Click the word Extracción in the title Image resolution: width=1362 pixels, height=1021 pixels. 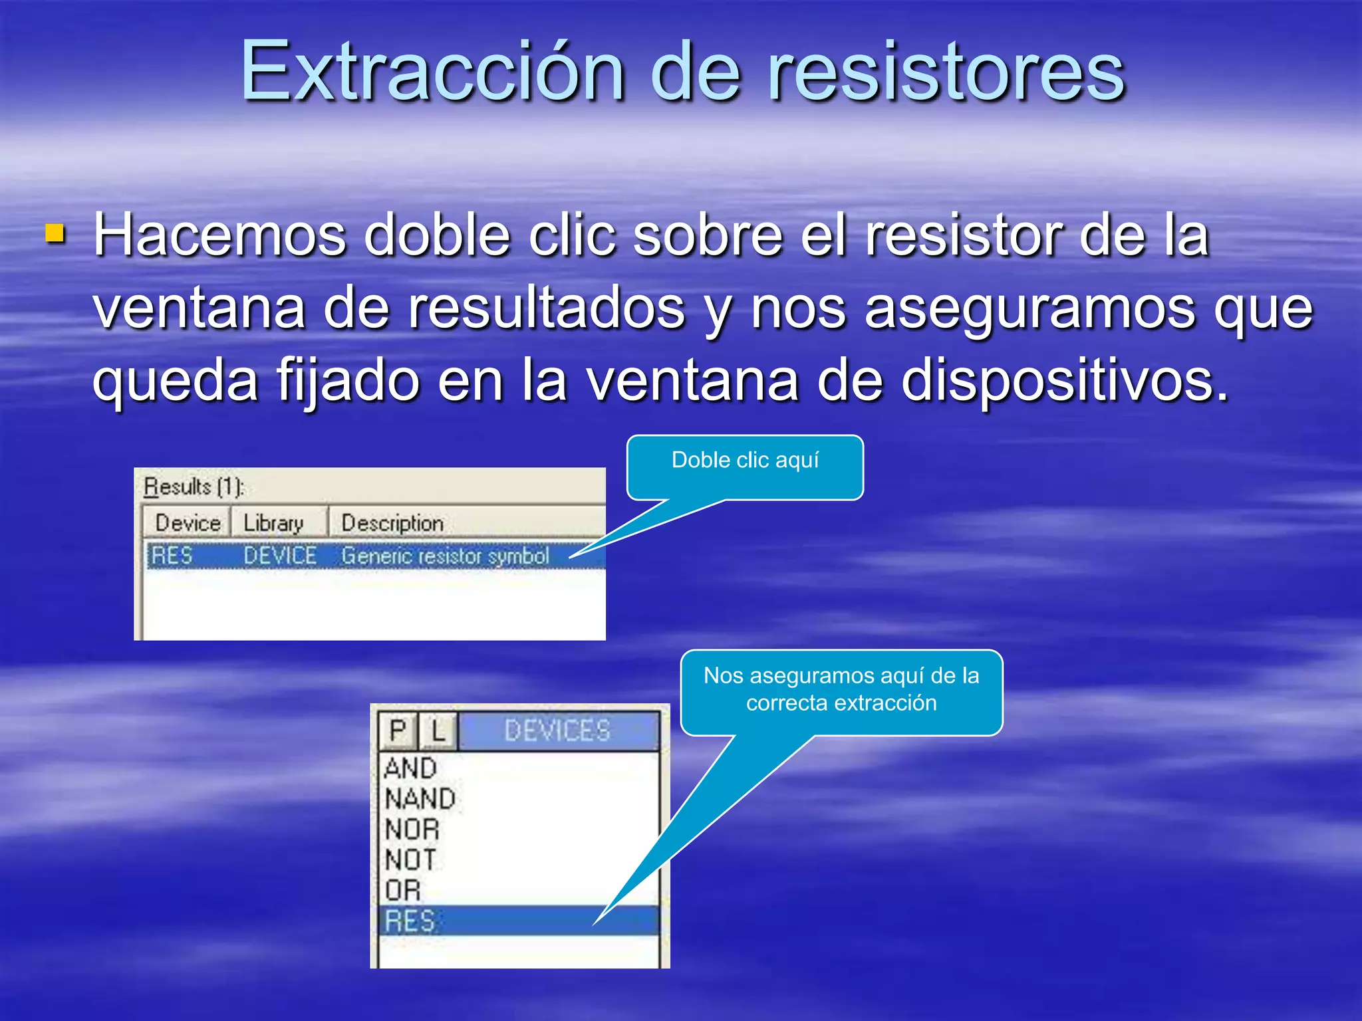[432, 71]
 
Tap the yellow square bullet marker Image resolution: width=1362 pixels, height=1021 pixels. [55, 233]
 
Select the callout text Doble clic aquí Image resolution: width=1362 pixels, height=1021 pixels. [745, 460]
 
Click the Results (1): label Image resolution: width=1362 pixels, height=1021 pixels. [194, 487]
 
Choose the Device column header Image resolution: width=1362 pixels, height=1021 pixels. [188, 523]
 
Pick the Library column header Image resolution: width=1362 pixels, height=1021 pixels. [273, 523]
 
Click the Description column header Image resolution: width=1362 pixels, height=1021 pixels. [392, 523]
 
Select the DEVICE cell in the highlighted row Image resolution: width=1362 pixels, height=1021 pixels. [279, 556]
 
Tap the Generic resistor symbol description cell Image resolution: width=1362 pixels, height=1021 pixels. [445, 556]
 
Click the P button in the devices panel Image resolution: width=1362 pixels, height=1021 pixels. [398, 731]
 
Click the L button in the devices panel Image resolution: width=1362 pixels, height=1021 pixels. [438, 731]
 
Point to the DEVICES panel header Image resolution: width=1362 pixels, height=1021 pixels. [557, 731]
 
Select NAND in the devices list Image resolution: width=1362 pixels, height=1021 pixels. [420, 798]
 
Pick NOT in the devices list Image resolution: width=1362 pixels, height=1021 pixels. [410, 859]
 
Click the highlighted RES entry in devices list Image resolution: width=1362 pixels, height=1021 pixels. [410, 921]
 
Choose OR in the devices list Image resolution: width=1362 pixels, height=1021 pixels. [403, 890]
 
